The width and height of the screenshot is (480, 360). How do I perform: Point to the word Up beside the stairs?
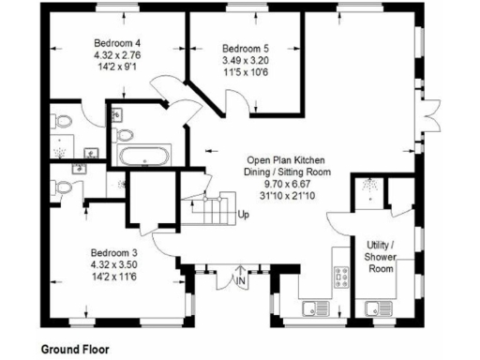[x=243, y=215]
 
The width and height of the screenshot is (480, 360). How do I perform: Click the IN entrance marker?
[x=240, y=280]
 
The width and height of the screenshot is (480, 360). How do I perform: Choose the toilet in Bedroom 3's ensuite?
[x=61, y=187]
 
